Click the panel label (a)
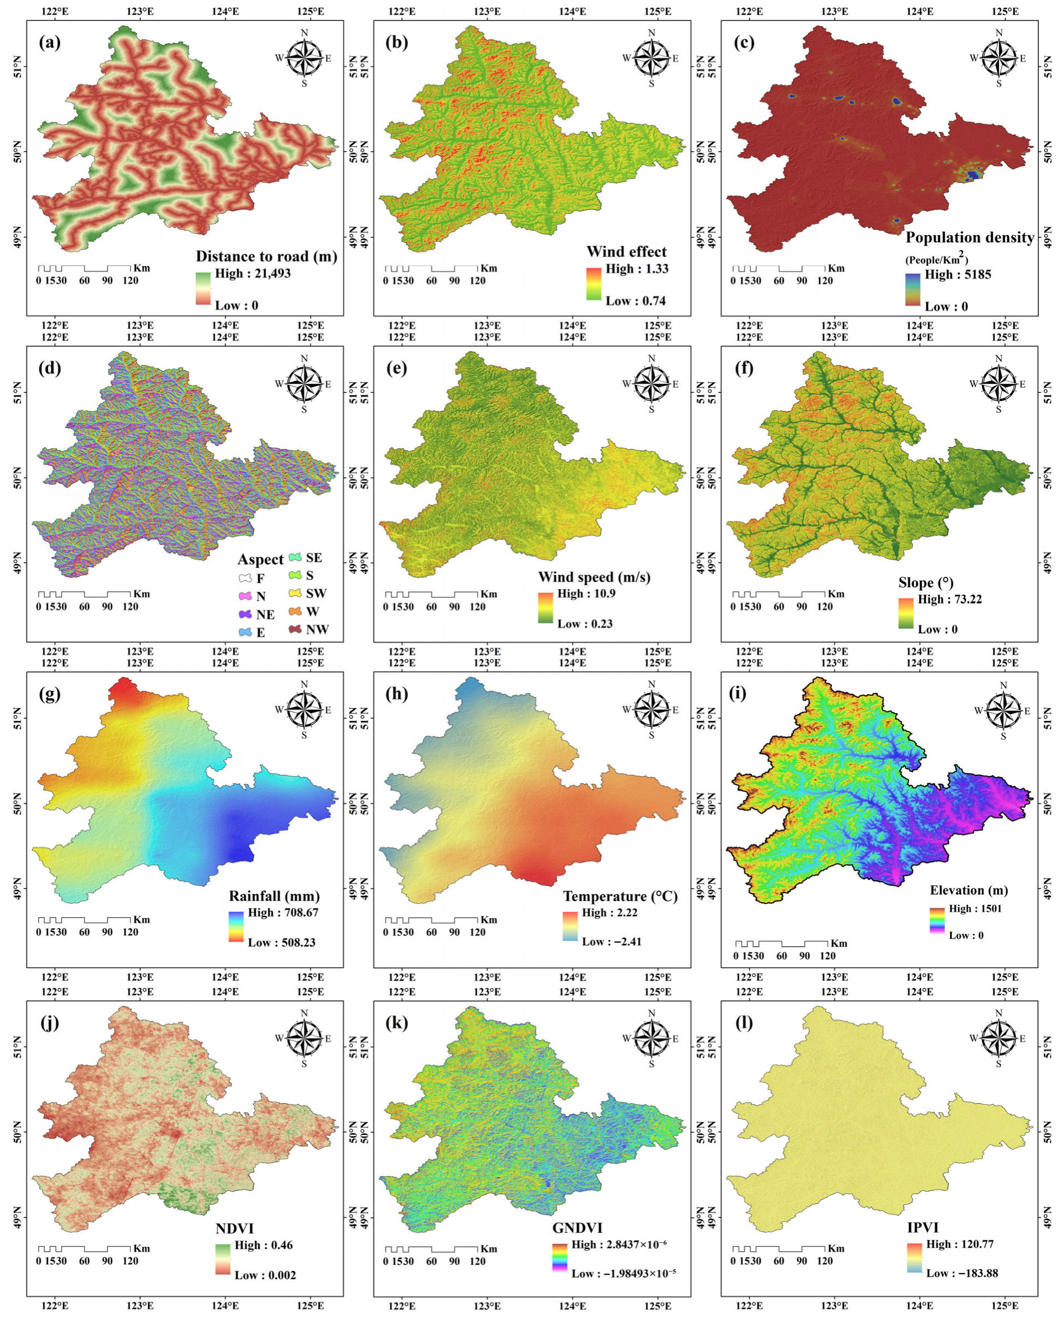50,43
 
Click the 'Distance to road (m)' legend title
266,257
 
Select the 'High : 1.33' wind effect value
637,269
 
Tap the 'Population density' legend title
969,237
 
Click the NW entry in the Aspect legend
309,630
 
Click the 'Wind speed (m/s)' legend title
594,577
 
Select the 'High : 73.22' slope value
949,599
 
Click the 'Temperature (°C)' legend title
620,896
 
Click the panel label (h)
397,694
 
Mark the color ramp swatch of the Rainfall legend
235,927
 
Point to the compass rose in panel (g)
304,710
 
